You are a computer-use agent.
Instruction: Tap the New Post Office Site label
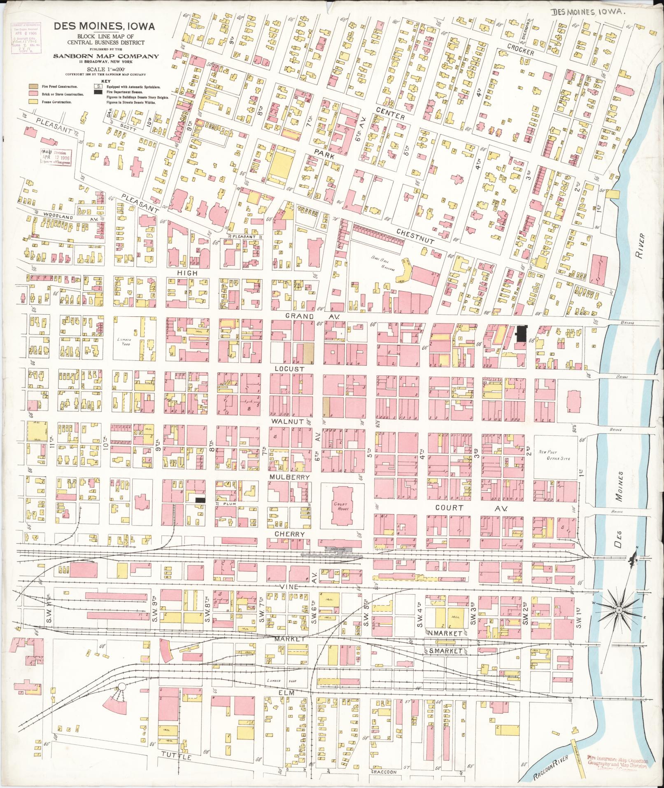click(554, 455)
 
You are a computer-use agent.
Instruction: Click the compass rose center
click(619, 610)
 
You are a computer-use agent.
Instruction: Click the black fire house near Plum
click(200, 499)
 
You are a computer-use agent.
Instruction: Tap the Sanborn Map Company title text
click(106, 56)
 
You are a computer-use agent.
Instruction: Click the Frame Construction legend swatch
click(32, 101)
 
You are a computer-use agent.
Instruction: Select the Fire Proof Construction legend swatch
click(32, 87)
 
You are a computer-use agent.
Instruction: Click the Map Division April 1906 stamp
click(56, 157)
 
